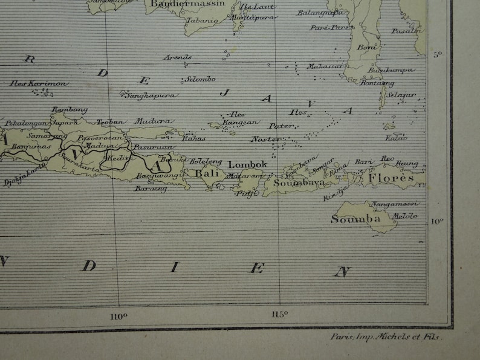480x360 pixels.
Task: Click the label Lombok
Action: (x=247, y=164)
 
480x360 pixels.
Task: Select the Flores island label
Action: (x=391, y=178)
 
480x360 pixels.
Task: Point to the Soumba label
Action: (x=355, y=219)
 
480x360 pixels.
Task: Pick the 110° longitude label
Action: (x=119, y=314)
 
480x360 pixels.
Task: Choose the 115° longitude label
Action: (x=279, y=313)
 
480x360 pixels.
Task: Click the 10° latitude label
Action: (x=436, y=221)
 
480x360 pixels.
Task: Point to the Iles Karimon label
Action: (x=39, y=83)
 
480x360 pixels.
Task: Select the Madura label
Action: (x=149, y=121)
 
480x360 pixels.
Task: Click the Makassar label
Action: (x=325, y=66)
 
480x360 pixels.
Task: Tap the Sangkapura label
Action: (x=151, y=95)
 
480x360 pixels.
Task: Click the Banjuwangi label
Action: (x=158, y=176)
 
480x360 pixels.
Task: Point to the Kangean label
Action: (x=241, y=122)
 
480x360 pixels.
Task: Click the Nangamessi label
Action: (x=395, y=204)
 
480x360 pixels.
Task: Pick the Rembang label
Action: (x=70, y=109)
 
